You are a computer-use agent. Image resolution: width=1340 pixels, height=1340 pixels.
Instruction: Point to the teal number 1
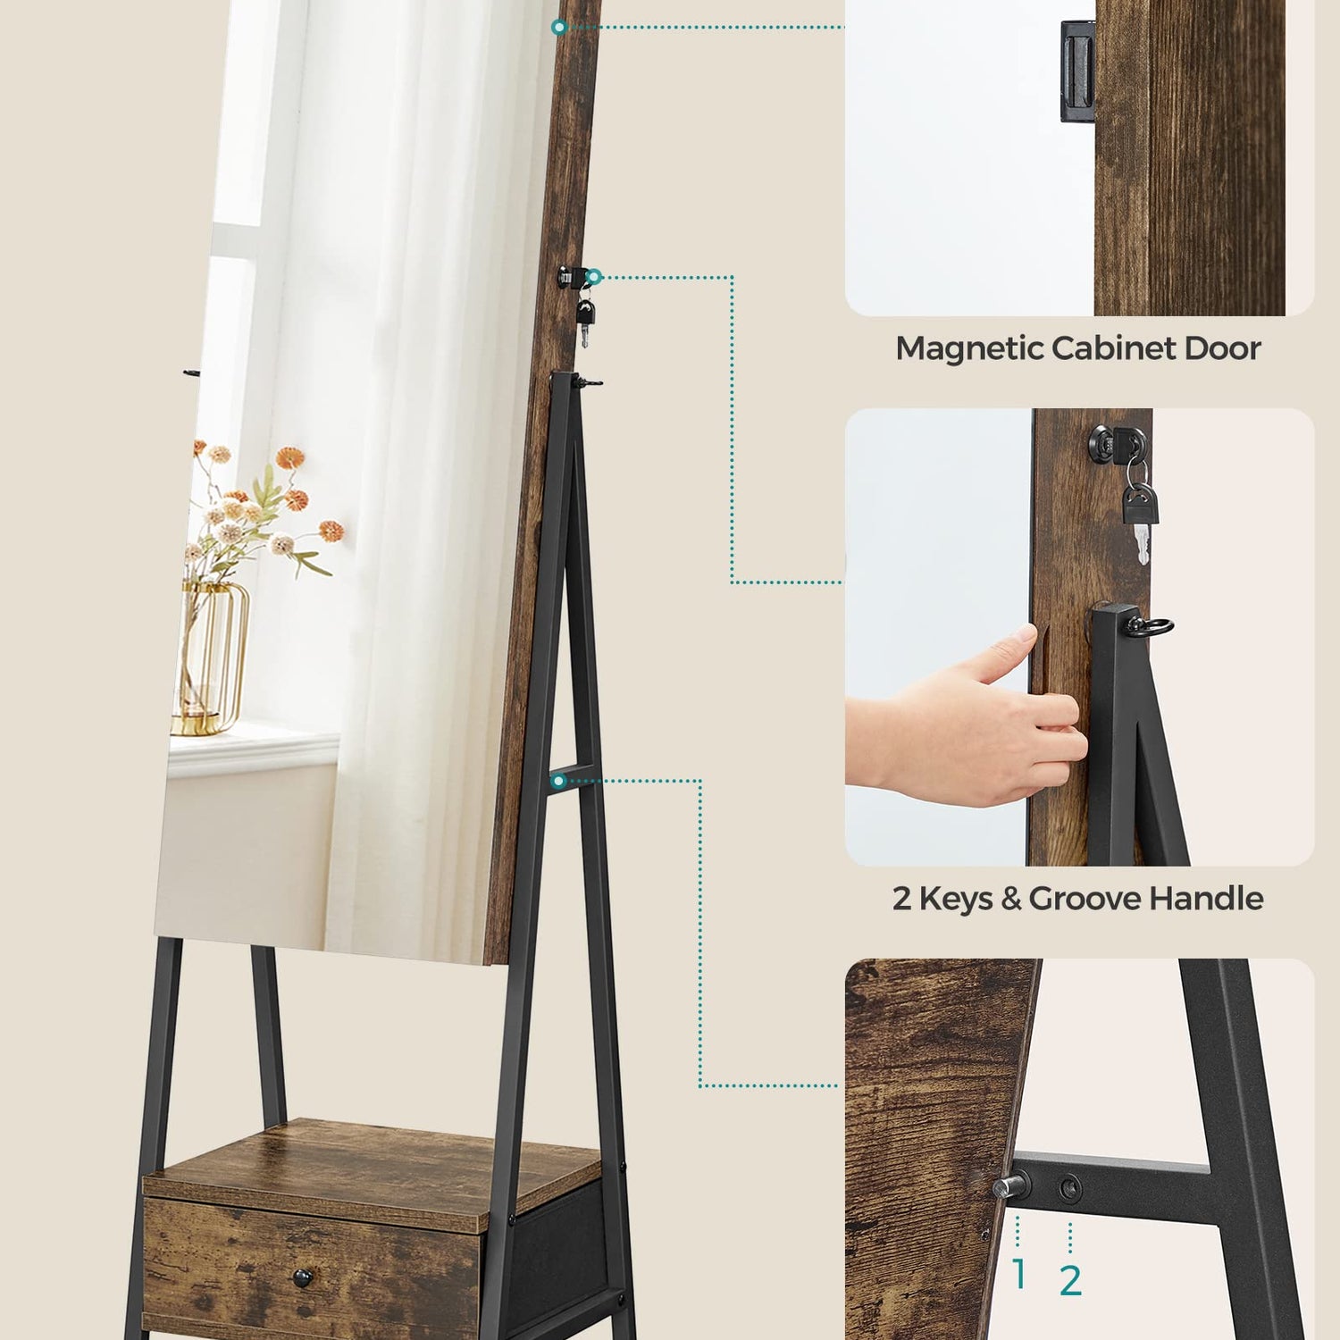[x=1018, y=1275]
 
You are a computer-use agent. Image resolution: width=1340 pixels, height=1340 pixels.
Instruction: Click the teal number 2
[x=1070, y=1280]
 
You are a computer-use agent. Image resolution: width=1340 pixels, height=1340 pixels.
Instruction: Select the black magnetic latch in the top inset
[x=1077, y=71]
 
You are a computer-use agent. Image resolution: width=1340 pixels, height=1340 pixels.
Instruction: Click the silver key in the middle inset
[x=1141, y=541]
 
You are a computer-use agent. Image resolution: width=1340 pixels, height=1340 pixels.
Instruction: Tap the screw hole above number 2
[x=1069, y=1188]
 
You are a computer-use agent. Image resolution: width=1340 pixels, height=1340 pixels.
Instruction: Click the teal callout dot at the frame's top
[x=559, y=28]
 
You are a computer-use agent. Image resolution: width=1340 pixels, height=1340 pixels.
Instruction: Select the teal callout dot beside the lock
[x=593, y=277]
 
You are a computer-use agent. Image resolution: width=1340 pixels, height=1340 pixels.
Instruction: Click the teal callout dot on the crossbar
[x=559, y=781]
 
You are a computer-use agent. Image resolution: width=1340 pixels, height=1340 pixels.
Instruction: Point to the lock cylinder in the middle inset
[x=1104, y=440]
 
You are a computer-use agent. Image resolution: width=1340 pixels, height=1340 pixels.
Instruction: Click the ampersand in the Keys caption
[x=1011, y=899]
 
